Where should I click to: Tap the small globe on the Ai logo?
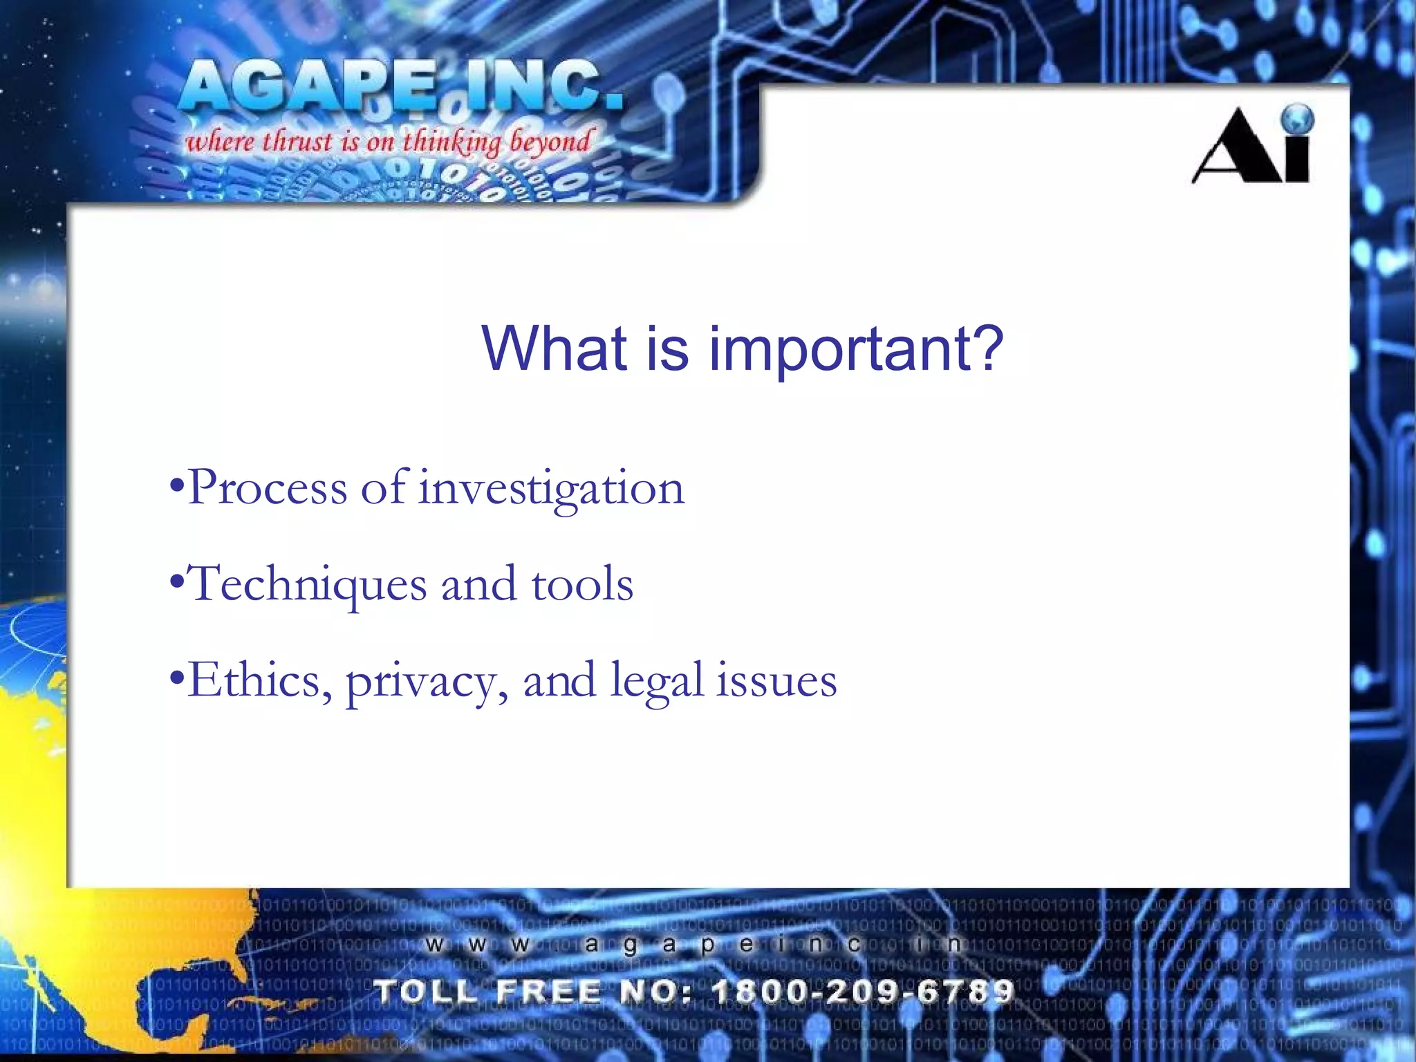[x=1296, y=119]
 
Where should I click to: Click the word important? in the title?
[x=856, y=349]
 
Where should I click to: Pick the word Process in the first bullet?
[x=268, y=488]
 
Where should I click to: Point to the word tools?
[x=582, y=584]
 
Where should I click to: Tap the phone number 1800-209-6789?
[x=863, y=991]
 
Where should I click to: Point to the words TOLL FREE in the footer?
[x=488, y=991]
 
